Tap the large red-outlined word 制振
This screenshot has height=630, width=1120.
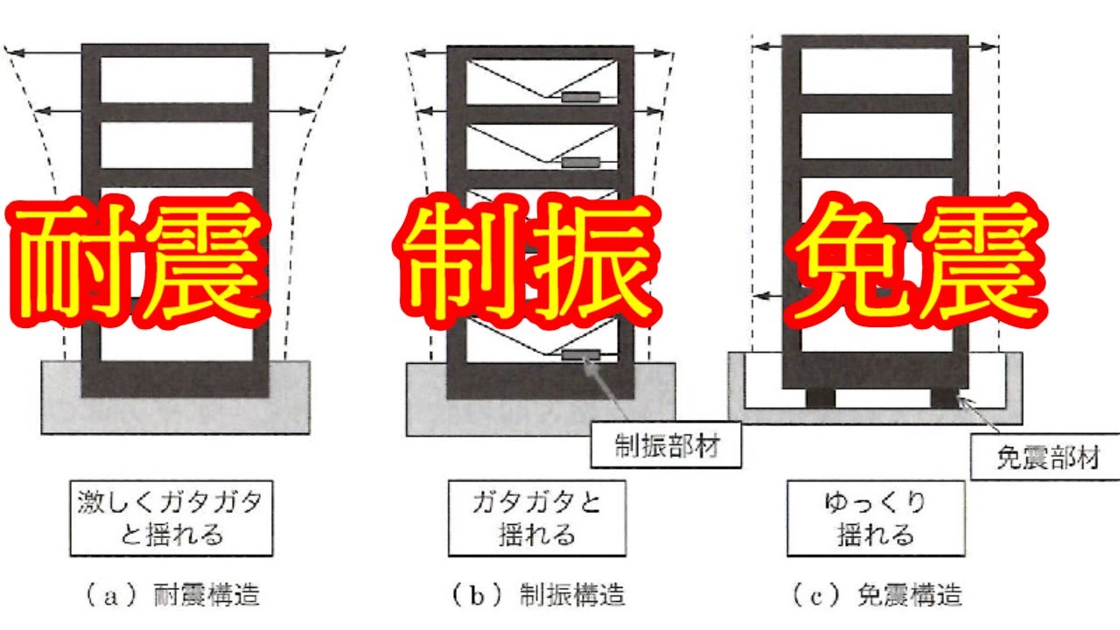[x=525, y=262]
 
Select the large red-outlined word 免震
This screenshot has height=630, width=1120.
[x=914, y=262]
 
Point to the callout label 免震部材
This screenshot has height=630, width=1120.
[x=1046, y=458]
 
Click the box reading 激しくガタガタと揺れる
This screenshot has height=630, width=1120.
[x=171, y=517]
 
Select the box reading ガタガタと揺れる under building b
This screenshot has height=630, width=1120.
[x=537, y=517]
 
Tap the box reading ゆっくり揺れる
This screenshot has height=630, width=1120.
[x=875, y=517]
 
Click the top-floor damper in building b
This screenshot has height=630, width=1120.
[x=581, y=96]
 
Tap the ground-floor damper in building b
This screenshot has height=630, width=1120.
[x=581, y=354]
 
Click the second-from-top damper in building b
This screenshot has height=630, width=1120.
[x=581, y=162]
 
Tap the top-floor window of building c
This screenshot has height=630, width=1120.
[x=876, y=71]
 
